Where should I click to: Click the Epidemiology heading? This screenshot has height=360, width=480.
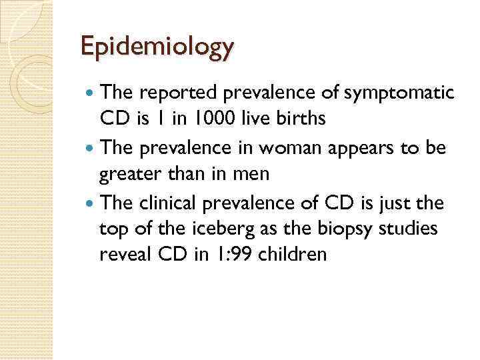tap(157, 47)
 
